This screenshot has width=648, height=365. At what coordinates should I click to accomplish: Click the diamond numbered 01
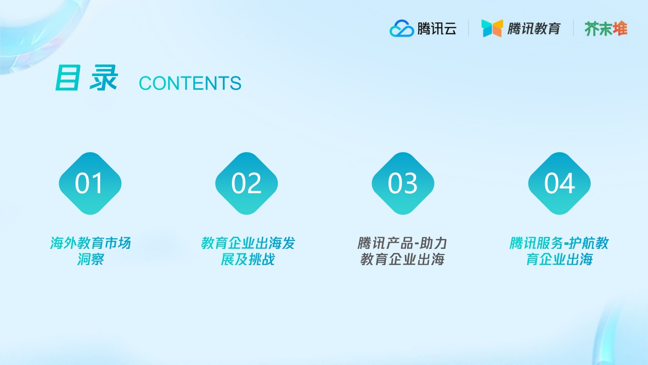tap(90, 184)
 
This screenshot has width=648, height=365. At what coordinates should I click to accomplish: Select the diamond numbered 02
tap(247, 184)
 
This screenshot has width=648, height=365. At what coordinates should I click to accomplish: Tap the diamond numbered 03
tap(403, 184)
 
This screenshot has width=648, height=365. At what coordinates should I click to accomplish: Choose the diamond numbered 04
tap(559, 184)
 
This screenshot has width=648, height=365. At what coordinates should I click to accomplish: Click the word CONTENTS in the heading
tap(190, 84)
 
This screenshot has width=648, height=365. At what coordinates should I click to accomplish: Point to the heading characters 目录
tap(87, 79)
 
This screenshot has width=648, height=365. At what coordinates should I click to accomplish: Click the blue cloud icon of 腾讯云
tap(401, 28)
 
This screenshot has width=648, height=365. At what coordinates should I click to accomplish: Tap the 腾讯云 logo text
tap(436, 28)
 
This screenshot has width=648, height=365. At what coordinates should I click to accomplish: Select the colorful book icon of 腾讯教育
tap(492, 28)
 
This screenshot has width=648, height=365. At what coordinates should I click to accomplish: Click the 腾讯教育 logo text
tap(534, 28)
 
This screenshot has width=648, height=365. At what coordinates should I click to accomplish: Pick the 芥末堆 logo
tap(606, 28)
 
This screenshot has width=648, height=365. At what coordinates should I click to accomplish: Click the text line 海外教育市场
tap(90, 243)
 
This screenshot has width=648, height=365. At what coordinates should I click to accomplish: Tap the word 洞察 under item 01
tap(90, 260)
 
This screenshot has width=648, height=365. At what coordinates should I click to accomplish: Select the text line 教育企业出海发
tap(248, 243)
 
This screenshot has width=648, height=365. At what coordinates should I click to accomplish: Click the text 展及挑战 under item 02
tap(248, 260)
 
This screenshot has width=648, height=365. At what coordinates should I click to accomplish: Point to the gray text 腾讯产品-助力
tap(402, 243)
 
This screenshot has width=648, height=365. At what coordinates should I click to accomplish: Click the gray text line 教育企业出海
tap(402, 260)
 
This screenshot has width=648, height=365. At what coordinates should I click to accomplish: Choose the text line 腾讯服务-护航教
tap(559, 243)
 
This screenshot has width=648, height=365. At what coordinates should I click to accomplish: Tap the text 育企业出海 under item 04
tap(559, 260)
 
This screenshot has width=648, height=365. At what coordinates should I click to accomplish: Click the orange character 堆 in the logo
tap(620, 28)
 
